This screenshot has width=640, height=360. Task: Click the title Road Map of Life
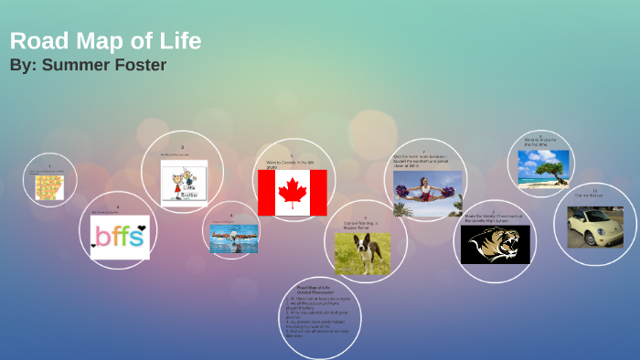pyautogui.click(x=105, y=41)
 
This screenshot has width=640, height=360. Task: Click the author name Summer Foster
pyautogui.click(x=88, y=65)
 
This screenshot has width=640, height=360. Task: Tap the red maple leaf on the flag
pyautogui.click(x=292, y=192)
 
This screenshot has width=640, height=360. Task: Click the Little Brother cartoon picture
pyautogui.click(x=184, y=182)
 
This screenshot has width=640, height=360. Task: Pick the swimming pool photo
pyautogui.click(x=233, y=238)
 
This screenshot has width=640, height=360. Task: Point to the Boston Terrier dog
pyautogui.click(x=362, y=254)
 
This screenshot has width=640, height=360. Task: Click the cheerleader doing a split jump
pyautogui.click(x=427, y=194)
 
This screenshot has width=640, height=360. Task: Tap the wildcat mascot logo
pyautogui.click(x=495, y=245)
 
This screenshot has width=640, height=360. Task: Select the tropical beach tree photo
pyautogui.click(x=543, y=167)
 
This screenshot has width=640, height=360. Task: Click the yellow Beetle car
pyautogui.click(x=594, y=227)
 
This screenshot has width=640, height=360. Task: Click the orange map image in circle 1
pyautogui.click(x=49, y=187)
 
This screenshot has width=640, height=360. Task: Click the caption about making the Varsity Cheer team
pyautogui.click(x=494, y=218)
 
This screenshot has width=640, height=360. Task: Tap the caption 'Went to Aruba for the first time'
pyautogui.click(x=540, y=142)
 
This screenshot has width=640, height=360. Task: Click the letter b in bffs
pyautogui.click(x=101, y=237)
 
